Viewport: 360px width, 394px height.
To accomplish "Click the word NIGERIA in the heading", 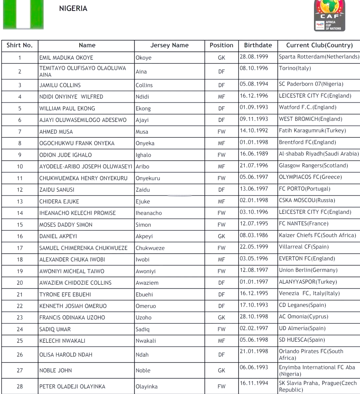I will tap(73, 9).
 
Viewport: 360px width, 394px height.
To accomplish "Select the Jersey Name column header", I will tap(169, 45).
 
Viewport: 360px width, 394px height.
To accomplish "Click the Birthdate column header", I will tap(258, 45).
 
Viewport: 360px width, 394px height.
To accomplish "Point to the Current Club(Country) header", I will tap(319, 45).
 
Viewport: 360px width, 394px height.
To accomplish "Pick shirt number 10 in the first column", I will tap(20, 167).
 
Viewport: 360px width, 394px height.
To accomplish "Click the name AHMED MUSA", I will tap(56, 132).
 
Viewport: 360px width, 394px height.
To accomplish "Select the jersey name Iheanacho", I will tap(149, 213).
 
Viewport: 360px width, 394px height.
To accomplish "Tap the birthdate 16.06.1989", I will tap(254, 154).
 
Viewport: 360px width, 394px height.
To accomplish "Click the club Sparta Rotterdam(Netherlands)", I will tap(319, 57).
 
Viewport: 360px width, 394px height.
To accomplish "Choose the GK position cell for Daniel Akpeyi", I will tap(221, 236).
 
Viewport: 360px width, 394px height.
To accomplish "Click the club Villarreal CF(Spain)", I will tap(304, 247).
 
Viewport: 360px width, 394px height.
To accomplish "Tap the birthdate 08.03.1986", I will tap(254, 235).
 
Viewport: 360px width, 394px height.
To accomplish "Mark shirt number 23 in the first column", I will tap(20, 317).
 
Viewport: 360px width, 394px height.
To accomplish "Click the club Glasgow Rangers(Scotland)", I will tap(313, 166).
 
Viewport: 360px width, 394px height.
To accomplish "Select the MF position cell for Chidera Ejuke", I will tap(221, 201).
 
